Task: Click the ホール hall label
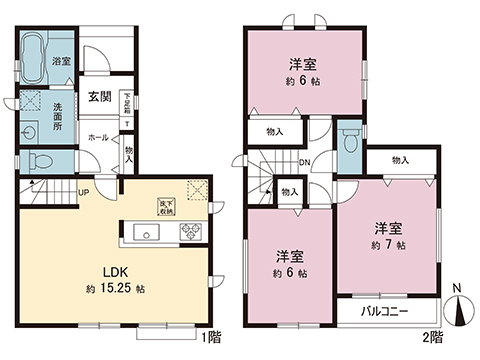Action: click(x=97, y=135)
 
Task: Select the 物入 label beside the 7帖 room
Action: click(x=400, y=160)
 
